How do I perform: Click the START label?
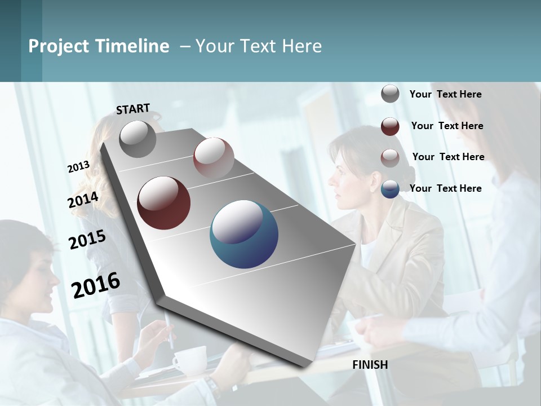pyautogui.click(x=133, y=109)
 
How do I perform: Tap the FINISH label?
pyautogui.click(x=370, y=365)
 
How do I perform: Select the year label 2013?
pyautogui.click(x=78, y=167)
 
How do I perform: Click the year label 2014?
pyautogui.click(x=83, y=200)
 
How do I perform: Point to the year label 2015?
pyautogui.click(x=87, y=240)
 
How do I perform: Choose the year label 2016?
pyautogui.click(x=96, y=285)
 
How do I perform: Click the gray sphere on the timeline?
pyautogui.click(x=138, y=139)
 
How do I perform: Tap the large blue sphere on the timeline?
pyautogui.click(x=244, y=234)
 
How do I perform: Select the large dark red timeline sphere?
pyautogui.click(x=164, y=203)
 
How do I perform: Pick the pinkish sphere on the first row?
pyautogui.click(x=214, y=158)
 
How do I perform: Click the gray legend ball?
pyautogui.click(x=390, y=94)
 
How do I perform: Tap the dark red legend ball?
pyautogui.click(x=390, y=126)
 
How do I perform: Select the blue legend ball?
pyautogui.click(x=390, y=189)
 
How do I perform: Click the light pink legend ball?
pyautogui.click(x=390, y=157)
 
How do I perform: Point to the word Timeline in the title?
pyautogui.click(x=133, y=46)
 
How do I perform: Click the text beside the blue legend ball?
pyautogui.click(x=445, y=188)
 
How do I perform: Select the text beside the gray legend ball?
pyautogui.click(x=445, y=94)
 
